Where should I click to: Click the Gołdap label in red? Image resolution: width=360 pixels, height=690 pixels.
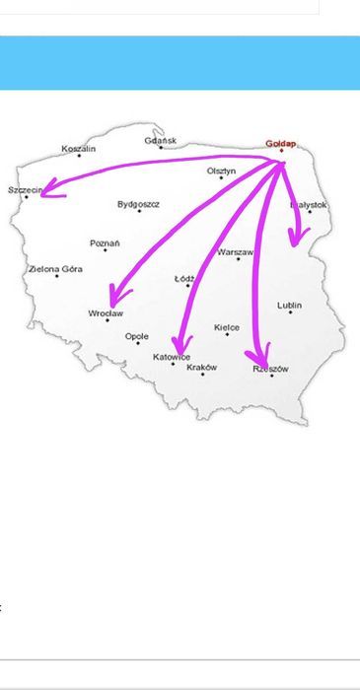click(281, 143)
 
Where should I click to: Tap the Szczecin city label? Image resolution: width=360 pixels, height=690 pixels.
click(26, 189)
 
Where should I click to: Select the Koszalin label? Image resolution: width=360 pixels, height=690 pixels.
click(79, 149)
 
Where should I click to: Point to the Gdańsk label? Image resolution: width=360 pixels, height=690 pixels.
click(161, 141)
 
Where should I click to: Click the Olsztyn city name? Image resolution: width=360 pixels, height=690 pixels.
click(221, 171)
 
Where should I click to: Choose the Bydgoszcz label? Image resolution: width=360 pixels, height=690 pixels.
click(138, 204)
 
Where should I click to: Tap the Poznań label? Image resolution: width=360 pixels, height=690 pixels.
click(105, 242)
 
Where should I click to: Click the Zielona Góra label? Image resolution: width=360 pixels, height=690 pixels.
click(55, 268)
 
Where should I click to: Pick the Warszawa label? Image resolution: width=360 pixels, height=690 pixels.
click(236, 252)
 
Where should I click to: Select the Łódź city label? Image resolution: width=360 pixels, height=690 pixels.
click(184, 279)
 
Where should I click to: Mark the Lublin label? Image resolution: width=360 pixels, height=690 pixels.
click(290, 306)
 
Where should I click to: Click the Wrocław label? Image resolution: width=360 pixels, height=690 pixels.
click(106, 313)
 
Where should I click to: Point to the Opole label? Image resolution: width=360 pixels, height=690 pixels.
click(137, 336)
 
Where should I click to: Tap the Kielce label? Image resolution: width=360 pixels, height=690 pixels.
click(227, 327)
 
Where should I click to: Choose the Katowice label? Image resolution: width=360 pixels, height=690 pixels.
click(173, 357)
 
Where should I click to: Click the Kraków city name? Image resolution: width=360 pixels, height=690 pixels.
click(201, 367)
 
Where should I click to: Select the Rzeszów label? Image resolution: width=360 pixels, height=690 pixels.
click(270, 369)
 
